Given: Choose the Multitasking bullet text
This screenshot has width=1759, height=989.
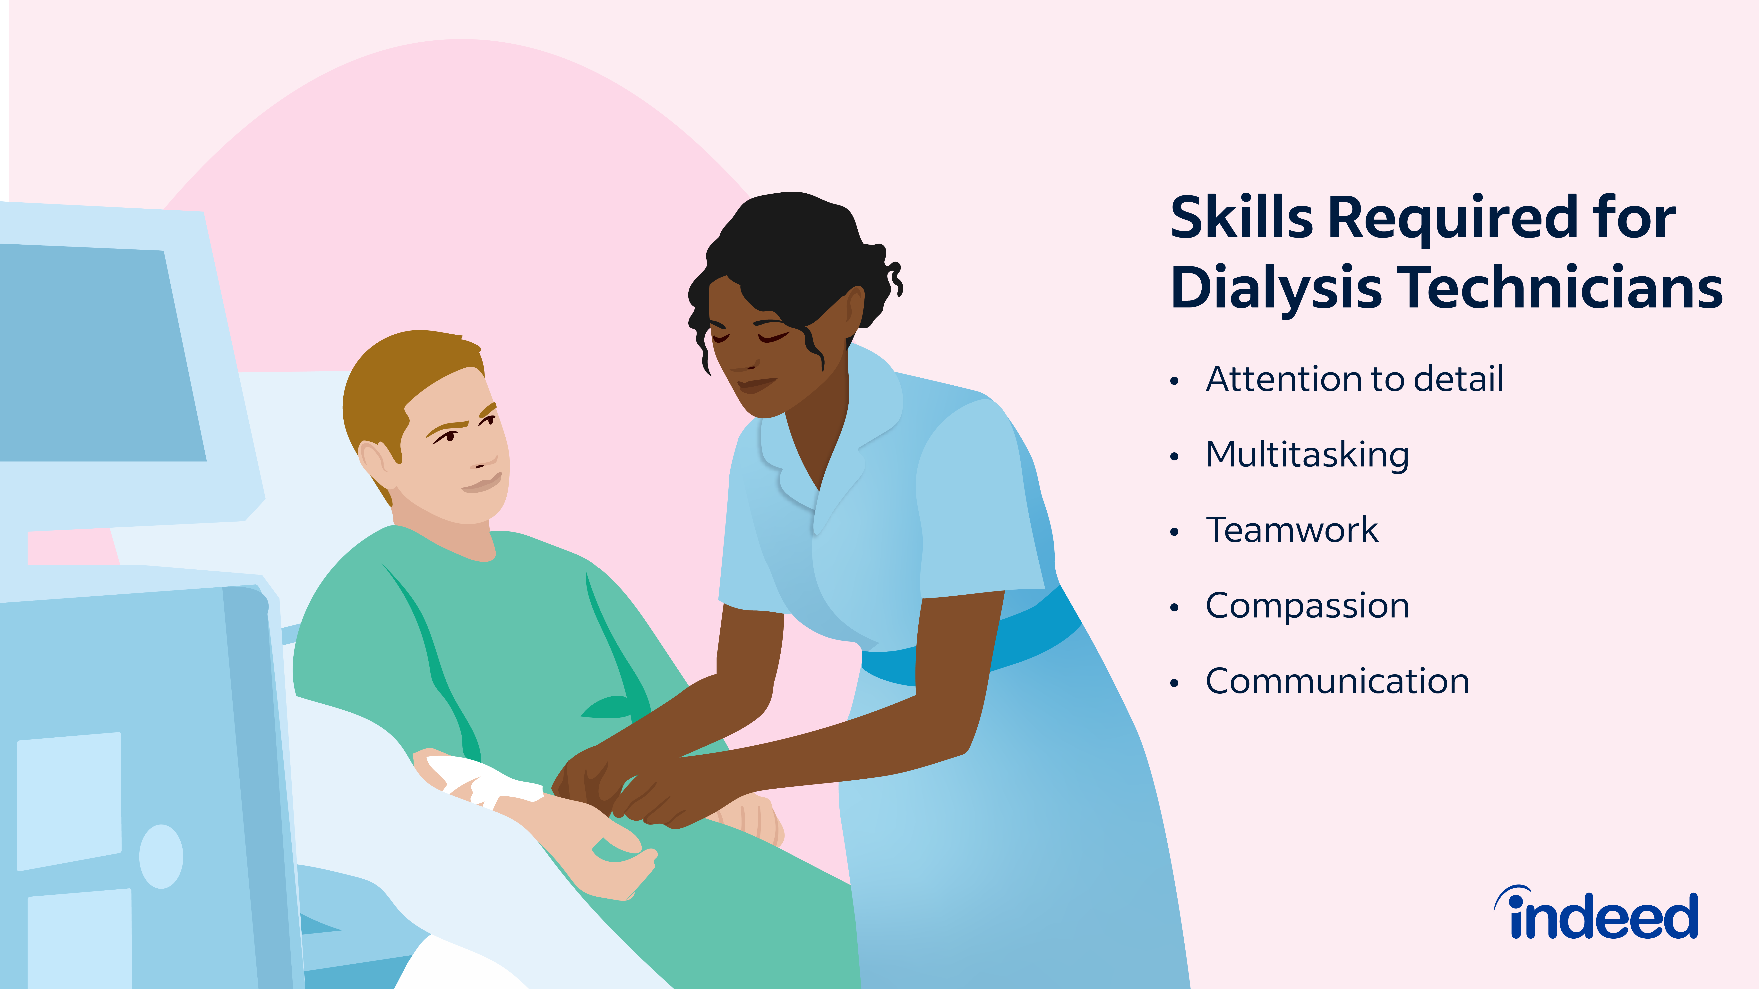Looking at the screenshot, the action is [1307, 455].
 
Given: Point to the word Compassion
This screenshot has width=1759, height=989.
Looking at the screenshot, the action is [1307, 606].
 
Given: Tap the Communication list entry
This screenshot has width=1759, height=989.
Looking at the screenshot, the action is [1337, 681].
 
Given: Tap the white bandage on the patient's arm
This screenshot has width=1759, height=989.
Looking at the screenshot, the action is [481, 780].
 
